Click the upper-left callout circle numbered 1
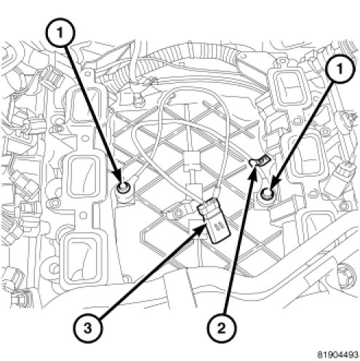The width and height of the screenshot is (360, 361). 60,32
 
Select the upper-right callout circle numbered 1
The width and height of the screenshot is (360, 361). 341,69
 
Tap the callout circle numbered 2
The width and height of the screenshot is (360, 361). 221,329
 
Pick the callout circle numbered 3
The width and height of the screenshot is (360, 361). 87,329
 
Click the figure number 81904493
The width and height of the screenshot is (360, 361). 337,354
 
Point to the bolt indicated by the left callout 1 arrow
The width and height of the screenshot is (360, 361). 123,187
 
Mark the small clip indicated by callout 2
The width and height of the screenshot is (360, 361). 260,162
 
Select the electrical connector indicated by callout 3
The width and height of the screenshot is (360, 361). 214,221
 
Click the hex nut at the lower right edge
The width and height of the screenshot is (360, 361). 345,274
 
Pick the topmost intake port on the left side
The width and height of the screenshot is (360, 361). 85,104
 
